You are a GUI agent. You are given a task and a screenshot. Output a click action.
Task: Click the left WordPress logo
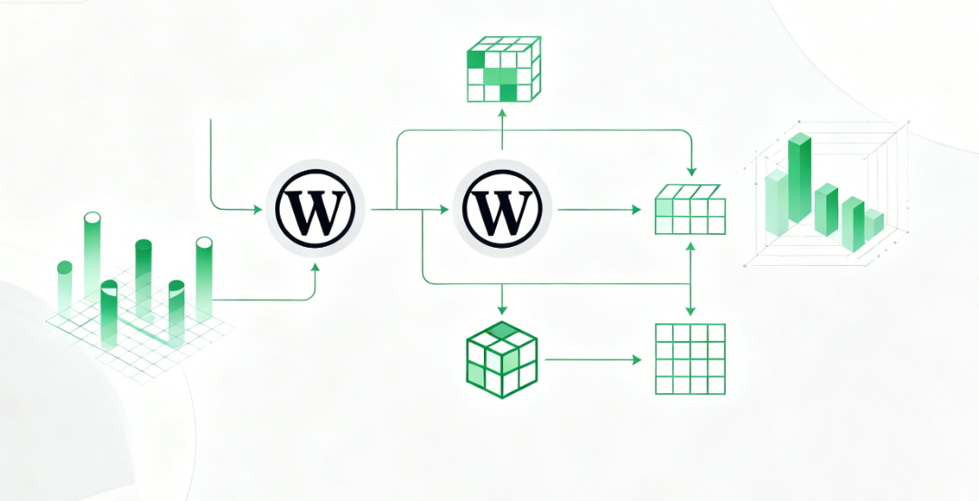(315, 210)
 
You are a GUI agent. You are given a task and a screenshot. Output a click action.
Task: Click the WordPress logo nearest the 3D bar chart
(502, 210)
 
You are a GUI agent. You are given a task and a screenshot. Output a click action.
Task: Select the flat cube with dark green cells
(503, 70)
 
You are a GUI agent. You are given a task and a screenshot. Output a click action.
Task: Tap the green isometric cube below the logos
(500, 359)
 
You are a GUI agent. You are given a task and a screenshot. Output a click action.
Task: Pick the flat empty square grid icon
(690, 359)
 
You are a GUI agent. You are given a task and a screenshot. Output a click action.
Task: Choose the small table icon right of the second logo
(690, 211)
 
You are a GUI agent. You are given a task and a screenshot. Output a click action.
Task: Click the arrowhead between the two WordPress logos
(444, 210)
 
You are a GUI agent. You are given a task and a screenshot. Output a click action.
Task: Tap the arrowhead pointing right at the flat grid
(638, 359)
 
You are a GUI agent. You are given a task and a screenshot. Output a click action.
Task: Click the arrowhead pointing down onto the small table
(692, 172)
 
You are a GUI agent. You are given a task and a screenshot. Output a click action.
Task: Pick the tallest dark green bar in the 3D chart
(800, 177)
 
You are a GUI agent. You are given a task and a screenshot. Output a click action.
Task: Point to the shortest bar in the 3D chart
(873, 224)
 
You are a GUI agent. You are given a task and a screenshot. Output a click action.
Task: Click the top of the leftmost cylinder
(64, 267)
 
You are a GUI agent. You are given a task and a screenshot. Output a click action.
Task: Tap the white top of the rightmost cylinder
(203, 242)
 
